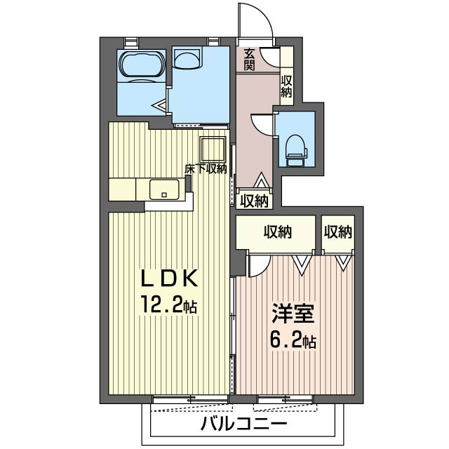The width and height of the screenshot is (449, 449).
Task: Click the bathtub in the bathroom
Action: (142, 65)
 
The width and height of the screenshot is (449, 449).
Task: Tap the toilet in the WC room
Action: (296, 150)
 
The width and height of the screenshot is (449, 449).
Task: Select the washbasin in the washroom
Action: (187, 58)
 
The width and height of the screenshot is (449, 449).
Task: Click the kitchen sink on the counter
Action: (164, 189)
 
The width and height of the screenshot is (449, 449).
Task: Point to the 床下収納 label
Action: (206, 169)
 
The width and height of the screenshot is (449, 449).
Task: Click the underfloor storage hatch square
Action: (213, 149)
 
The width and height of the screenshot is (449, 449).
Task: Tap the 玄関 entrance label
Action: (249, 60)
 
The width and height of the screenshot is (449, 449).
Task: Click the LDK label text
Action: (169, 279)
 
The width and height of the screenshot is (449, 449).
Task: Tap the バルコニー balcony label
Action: (243, 424)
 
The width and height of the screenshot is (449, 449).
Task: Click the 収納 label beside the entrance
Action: (286, 86)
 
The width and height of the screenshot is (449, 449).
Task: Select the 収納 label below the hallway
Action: (254, 201)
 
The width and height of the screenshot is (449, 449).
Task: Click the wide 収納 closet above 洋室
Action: (278, 232)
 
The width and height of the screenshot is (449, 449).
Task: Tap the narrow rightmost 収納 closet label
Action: (338, 232)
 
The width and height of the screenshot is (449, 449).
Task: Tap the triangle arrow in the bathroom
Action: (160, 106)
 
